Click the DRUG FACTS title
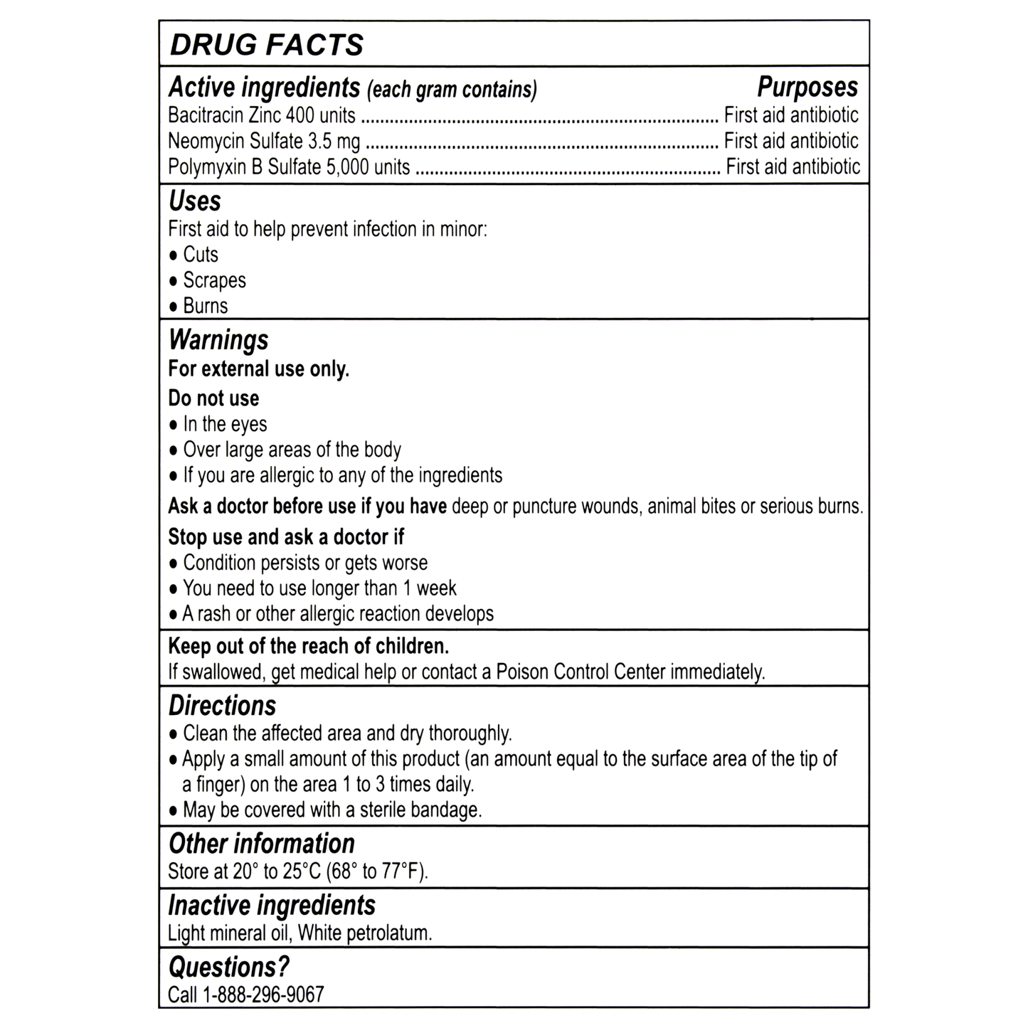267,45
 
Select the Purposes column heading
807,88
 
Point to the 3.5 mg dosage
334,142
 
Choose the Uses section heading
195,201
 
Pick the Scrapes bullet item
214,280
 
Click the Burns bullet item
206,306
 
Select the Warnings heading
218,340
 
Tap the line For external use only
258,369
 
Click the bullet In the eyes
225,424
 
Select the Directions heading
222,706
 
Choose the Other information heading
261,844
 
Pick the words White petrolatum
364,933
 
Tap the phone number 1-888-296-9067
263,995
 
